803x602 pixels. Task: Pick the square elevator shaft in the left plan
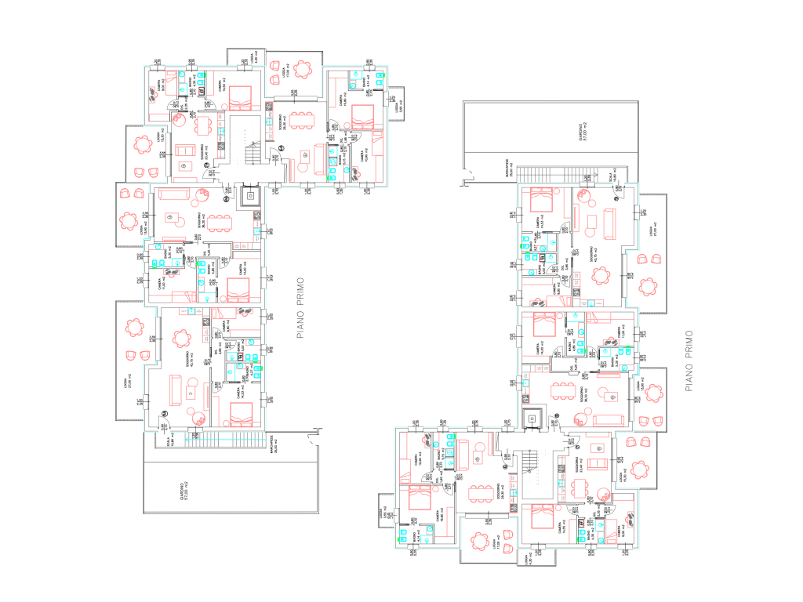pos(253,195)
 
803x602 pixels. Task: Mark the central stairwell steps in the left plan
pos(253,152)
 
